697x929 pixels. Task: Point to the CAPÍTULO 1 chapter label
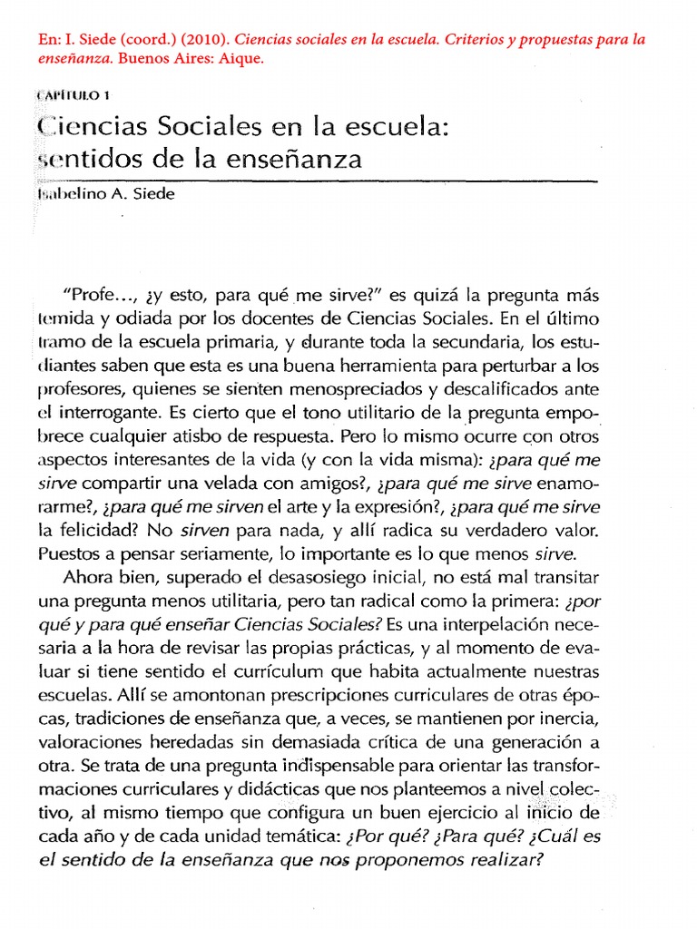[77, 96]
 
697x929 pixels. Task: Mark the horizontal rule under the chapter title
[318, 181]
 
